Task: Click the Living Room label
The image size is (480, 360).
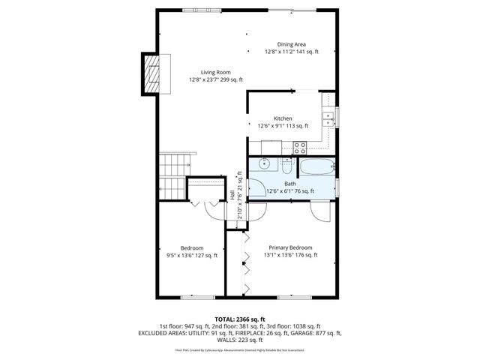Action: pyautogui.click(x=216, y=72)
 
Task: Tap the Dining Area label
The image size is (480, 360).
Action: pyautogui.click(x=292, y=44)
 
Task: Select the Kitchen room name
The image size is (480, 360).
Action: pyautogui.click(x=283, y=118)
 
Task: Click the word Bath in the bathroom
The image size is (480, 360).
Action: pyautogui.click(x=289, y=183)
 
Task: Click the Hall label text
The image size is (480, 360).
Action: pyautogui.click(x=232, y=194)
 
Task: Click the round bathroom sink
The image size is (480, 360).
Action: pyautogui.click(x=262, y=164)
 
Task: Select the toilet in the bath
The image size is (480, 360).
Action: pyautogui.click(x=287, y=166)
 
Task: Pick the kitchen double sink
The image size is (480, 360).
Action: pyautogui.click(x=328, y=117)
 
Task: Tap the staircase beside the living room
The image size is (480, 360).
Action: pyautogui.click(x=175, y=172)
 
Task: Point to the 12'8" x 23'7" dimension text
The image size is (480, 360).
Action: pyautogui.click(x=216, y=79)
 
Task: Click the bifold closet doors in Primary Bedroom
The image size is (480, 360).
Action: pyautogui.click(x=244, y=262)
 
